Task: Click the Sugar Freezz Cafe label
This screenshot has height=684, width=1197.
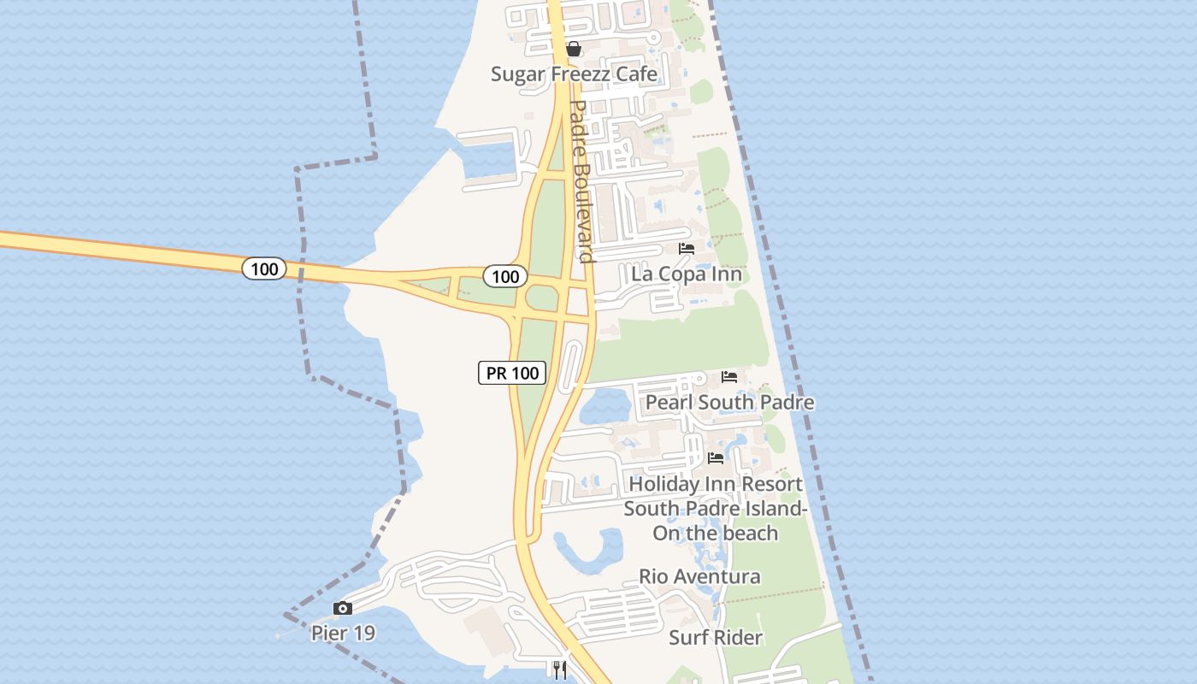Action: click(574, 74)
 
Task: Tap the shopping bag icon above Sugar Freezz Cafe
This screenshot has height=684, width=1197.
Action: click(574, 49)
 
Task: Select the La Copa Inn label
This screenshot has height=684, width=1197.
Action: click(686, 274)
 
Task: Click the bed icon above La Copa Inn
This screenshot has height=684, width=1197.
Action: click(686, 249)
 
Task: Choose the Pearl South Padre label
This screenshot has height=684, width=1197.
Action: click(729, 402)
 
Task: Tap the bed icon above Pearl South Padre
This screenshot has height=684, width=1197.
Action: click(728, 376)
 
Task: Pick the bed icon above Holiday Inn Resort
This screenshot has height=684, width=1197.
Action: click(716, 458)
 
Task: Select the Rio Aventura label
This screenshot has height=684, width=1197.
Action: click(699, 576)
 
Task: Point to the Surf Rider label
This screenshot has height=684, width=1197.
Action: click(715, 637)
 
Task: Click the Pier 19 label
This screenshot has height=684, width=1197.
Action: click(343, 633)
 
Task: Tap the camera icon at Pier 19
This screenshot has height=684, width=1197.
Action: click(343, 608)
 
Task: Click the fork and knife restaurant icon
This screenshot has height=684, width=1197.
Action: click(560, 669)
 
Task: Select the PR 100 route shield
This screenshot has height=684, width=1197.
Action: click(511, 373)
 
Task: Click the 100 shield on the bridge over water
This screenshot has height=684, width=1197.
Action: click(264, 268)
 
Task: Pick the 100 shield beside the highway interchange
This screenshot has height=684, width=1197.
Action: click(505, 276)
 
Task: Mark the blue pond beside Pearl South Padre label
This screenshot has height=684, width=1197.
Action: click(605, 407)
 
